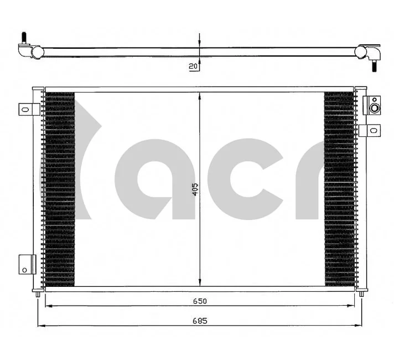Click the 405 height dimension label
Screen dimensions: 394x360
[x=195, y=189]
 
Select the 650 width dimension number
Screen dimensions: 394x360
[x=200, y=301]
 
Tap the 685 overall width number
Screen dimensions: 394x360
[x=200, y=321]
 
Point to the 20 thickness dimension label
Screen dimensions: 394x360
[x=193, y=66]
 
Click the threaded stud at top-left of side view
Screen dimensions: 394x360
[x=24, y=38]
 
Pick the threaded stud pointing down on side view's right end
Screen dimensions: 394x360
[x=375, y=66]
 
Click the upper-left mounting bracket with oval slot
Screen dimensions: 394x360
[x=29, y=110]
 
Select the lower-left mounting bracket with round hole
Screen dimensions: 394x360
[x=27, y=264]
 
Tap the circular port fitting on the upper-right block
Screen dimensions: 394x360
[x=375, y=109]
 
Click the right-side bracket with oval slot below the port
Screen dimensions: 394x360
[x=370, y=130]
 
